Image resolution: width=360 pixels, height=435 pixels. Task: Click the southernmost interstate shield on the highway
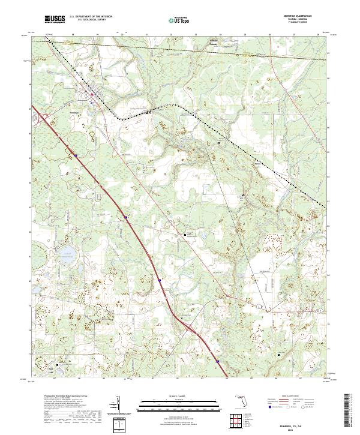218,361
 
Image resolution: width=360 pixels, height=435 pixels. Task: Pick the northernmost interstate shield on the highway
76,155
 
